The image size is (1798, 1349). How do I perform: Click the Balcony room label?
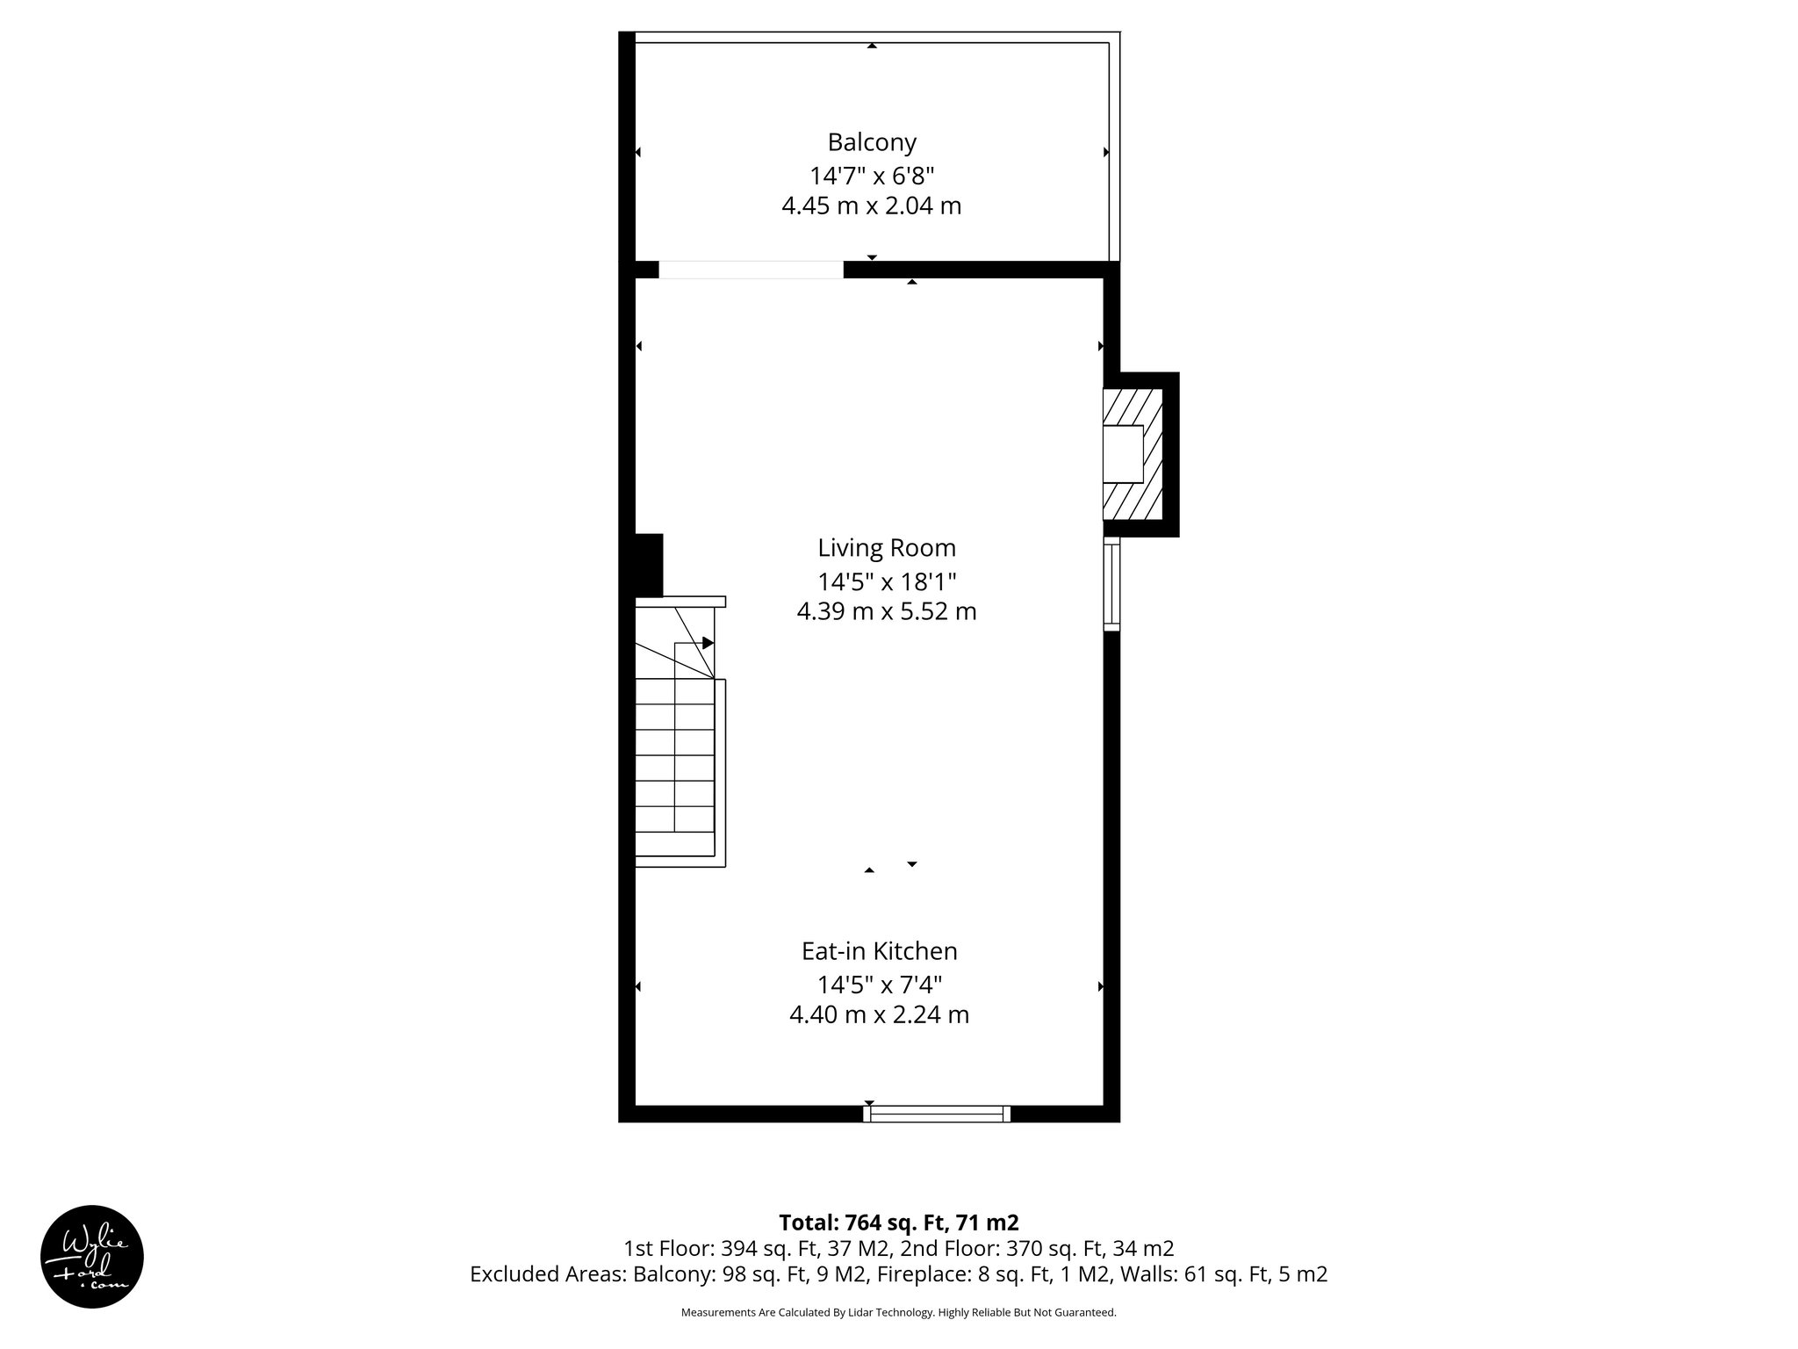tap(871, 142)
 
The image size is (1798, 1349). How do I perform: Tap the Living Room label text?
tap(886, 548)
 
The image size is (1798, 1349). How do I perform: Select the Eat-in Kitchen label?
tap(879, 951)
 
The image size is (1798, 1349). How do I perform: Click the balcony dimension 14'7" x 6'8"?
tap(871, 176)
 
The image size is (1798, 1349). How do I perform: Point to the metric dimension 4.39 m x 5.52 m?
tap(886, 611)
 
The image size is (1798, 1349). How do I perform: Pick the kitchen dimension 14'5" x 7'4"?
tap(879, 984)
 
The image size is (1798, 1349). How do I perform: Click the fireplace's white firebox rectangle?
tap(1123, 453)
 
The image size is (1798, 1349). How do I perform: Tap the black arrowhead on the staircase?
tap(708, 643)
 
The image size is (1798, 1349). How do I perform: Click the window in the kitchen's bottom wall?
tap(937, 1114)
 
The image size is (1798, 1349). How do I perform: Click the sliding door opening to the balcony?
tap(751, 270)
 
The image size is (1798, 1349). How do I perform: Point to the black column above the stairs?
tap(648, 565)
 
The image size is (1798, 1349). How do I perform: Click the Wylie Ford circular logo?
tap(92, 1257)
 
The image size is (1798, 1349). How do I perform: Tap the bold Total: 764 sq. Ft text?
tap(898, 1223)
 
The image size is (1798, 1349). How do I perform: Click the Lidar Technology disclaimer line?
tap(898, 1312)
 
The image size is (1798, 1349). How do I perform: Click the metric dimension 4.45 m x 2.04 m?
tap(871, 206)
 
